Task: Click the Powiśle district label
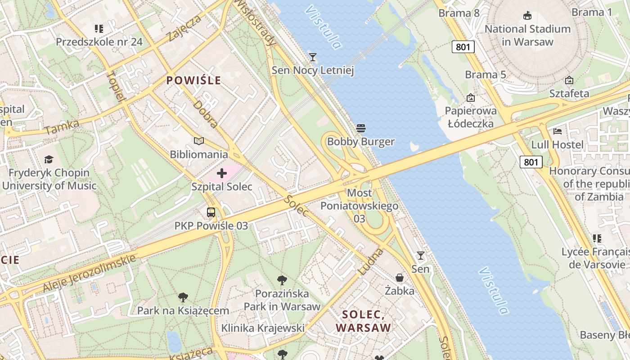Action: coord(193,81)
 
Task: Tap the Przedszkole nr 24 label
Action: coord(99,42)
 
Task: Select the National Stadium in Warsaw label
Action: coord(527,36)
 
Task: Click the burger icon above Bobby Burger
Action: coord(360,128)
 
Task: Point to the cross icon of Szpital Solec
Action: coord(221,173)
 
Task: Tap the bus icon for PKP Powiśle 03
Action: coord(211,212)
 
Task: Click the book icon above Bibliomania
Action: coord(198,141)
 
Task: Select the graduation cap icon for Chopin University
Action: coord(49,159)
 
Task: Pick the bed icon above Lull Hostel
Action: coord(558,131)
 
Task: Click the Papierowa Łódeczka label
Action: coord(471,117)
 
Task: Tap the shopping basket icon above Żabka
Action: coord(399,278)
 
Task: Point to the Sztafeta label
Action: coord(569,94)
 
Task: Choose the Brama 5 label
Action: coord(485,75)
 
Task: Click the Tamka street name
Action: coord(62,127)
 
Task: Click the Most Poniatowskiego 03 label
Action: coord(359,206)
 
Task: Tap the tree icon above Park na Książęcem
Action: coord(183,297)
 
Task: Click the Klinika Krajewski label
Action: coord(263,328)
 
